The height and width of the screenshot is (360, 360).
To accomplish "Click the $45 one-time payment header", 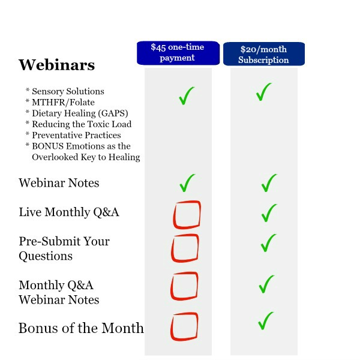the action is pyautogui.click(x=178, y=53).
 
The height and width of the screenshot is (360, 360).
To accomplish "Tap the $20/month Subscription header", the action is pyautogui.click(x=264, y=54).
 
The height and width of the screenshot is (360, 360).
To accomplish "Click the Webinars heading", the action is pyautogui.click(x=57, y=65).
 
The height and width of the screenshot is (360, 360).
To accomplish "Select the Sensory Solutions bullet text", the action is pyautogui.click(x=68, y=91).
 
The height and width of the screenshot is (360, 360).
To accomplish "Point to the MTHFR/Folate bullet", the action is pyautogui.click(x=63, y=102).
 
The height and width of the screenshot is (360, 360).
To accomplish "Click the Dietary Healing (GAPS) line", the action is pyautogui.click(x=80, y=113).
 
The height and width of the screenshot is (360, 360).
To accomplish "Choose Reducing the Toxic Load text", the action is pyautogui.click(x=82, y=124).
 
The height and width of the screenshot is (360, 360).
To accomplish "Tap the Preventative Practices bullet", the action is pyautogui.click(x=76, y=135).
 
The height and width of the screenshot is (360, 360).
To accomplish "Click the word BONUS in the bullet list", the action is pyautogui.click(x=48, y=146).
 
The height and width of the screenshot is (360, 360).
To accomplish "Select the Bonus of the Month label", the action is pyautogui.click(x=81, y=328).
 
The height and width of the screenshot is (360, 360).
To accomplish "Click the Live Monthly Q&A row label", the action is pyautogui.click(x=69, y=212).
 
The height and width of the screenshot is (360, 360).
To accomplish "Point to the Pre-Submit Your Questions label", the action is pyautogui.click(x=64, y=248).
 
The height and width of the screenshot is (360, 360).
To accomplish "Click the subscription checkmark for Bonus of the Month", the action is pyautogui.click(x=265, y=322).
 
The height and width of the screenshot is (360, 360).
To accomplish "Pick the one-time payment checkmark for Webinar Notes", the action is pyautogui.click(x=187, y=184).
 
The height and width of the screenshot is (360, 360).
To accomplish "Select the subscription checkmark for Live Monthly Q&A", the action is pyautogui.click(x=269, y=214).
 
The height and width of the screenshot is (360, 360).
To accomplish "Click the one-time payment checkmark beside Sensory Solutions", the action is pyautogui.click(x=186, y=97).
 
